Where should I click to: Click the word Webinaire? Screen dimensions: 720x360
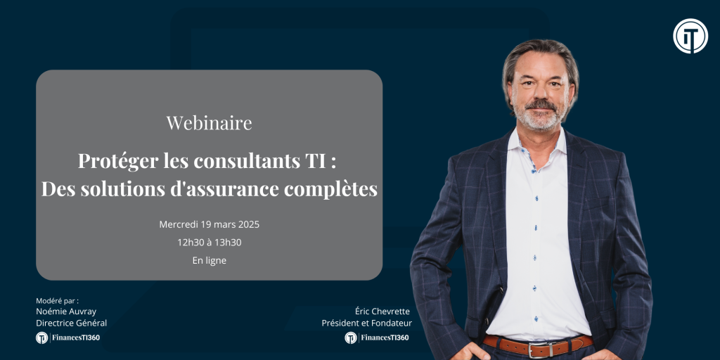(x=209, y=123)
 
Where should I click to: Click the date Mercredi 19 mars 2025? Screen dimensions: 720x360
(x=209, y=225)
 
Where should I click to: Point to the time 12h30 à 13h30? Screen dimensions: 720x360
(x=209, y=243)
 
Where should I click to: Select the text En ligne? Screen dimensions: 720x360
(x=209, y=260)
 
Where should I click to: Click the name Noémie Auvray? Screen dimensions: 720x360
(x=66, y=311)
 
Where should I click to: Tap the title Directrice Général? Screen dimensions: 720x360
(x=71, y=323)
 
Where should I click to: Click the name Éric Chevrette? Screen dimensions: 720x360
(x=382, y=311)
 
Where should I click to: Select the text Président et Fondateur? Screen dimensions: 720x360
(x=366, y=323)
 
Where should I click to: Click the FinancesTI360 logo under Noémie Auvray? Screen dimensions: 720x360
(x=68, y=337)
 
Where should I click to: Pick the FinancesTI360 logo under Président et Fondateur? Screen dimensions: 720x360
(x=377, y=337)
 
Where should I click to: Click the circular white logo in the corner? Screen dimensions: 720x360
(x=690, y=36)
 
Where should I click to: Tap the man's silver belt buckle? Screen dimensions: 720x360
(x=539, y=349)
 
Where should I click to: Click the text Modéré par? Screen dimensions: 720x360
(x=58, y=301)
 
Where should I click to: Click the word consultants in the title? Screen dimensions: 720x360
(x=247, y=162)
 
